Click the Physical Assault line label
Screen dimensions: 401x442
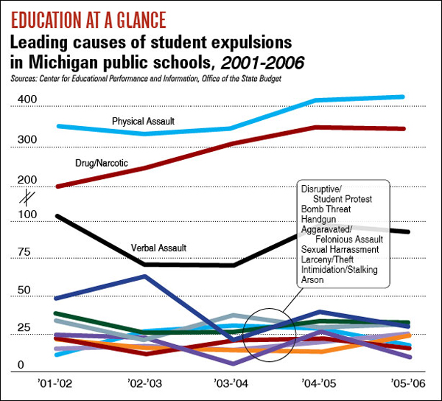click(143, 120)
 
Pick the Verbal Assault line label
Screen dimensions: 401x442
click(158, 248)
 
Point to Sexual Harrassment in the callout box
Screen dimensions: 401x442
click(340, 250)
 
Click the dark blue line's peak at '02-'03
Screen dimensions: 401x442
click(145, 276)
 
